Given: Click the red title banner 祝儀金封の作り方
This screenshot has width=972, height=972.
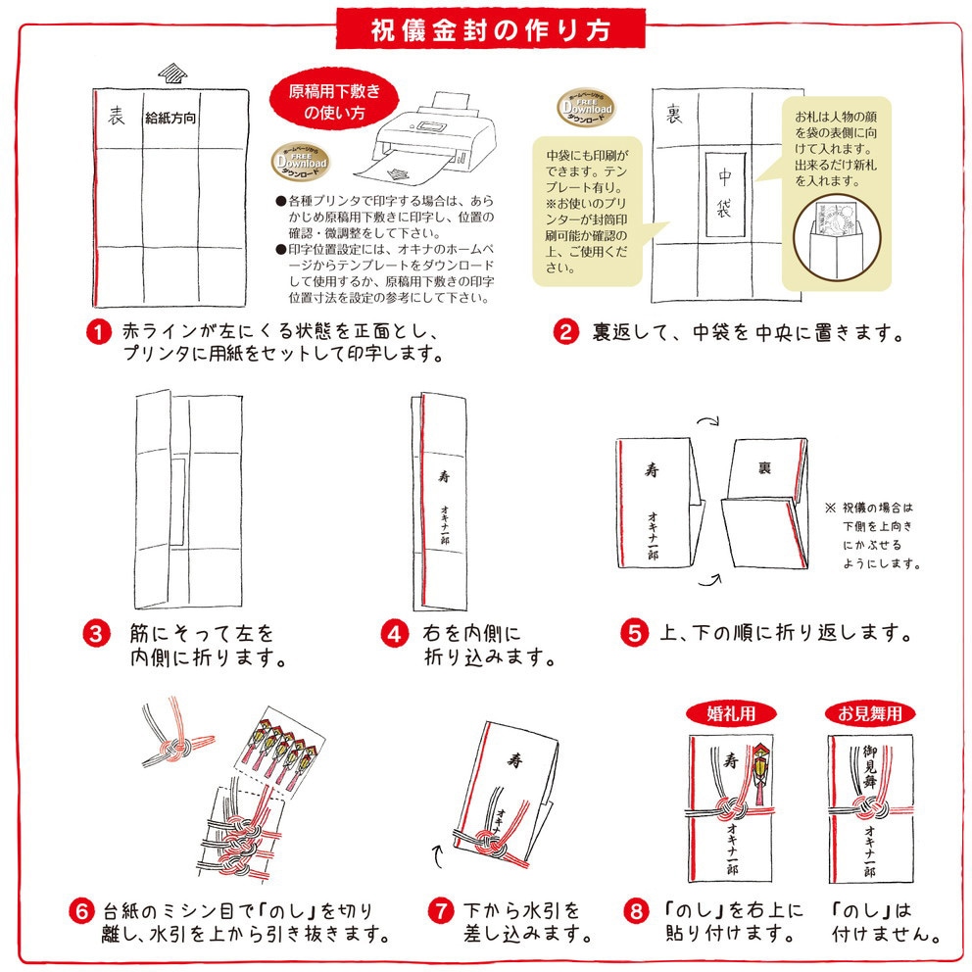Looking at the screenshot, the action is point(490,29).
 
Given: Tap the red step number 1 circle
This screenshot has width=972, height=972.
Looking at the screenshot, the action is point(98,332).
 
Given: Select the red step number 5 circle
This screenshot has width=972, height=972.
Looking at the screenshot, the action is point(634,633).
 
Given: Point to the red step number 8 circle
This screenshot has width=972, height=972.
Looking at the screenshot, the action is point(637,911).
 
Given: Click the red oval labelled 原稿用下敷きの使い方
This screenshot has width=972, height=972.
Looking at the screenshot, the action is point(334,102).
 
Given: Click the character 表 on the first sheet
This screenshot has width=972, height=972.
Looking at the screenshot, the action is point(116,116).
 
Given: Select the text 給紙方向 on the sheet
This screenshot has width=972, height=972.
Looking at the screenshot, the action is point(170,118).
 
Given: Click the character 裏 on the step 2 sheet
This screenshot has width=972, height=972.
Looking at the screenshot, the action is point(674,114).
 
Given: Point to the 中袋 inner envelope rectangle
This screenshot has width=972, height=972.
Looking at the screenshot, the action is point(725,194).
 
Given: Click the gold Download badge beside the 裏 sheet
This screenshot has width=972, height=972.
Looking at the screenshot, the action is point(586,107).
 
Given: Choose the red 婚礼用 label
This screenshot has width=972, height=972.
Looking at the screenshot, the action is point(732,713).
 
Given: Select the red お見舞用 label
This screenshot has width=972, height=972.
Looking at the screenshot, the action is point(870,713).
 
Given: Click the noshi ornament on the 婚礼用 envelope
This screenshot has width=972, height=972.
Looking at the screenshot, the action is point(760,772).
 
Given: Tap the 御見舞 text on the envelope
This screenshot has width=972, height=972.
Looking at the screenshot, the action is point(871,767).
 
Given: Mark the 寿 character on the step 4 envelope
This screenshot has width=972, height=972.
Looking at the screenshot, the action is point(444,476).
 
